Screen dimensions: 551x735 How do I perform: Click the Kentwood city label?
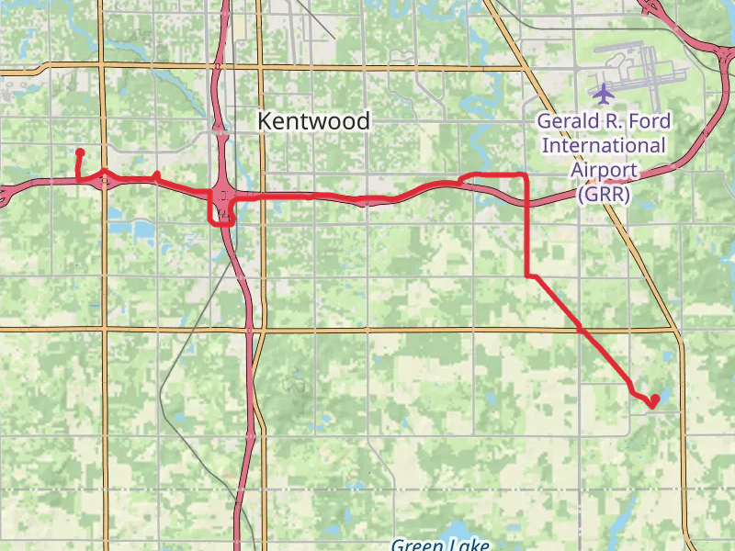(313, 120)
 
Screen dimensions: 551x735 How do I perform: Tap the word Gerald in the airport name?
(567, 121)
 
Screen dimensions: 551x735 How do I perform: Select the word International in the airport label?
(604, 145)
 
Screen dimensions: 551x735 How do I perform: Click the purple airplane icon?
(604, 93)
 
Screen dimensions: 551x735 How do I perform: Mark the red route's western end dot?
(80, 152)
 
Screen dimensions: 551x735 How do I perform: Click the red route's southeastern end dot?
(653, 401)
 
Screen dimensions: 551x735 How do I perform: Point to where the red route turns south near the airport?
(526, 174)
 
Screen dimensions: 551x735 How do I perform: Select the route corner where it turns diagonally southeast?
(526, 275)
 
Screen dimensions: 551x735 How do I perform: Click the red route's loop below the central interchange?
(221, 218)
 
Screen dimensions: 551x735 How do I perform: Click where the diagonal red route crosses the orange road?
(581, 329)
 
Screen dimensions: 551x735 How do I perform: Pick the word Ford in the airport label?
(651, 121)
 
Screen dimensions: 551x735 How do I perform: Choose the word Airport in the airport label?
(604, 169)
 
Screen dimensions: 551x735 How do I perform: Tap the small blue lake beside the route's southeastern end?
(662, 392)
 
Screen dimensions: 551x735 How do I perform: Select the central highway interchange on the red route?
(223, 195)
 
